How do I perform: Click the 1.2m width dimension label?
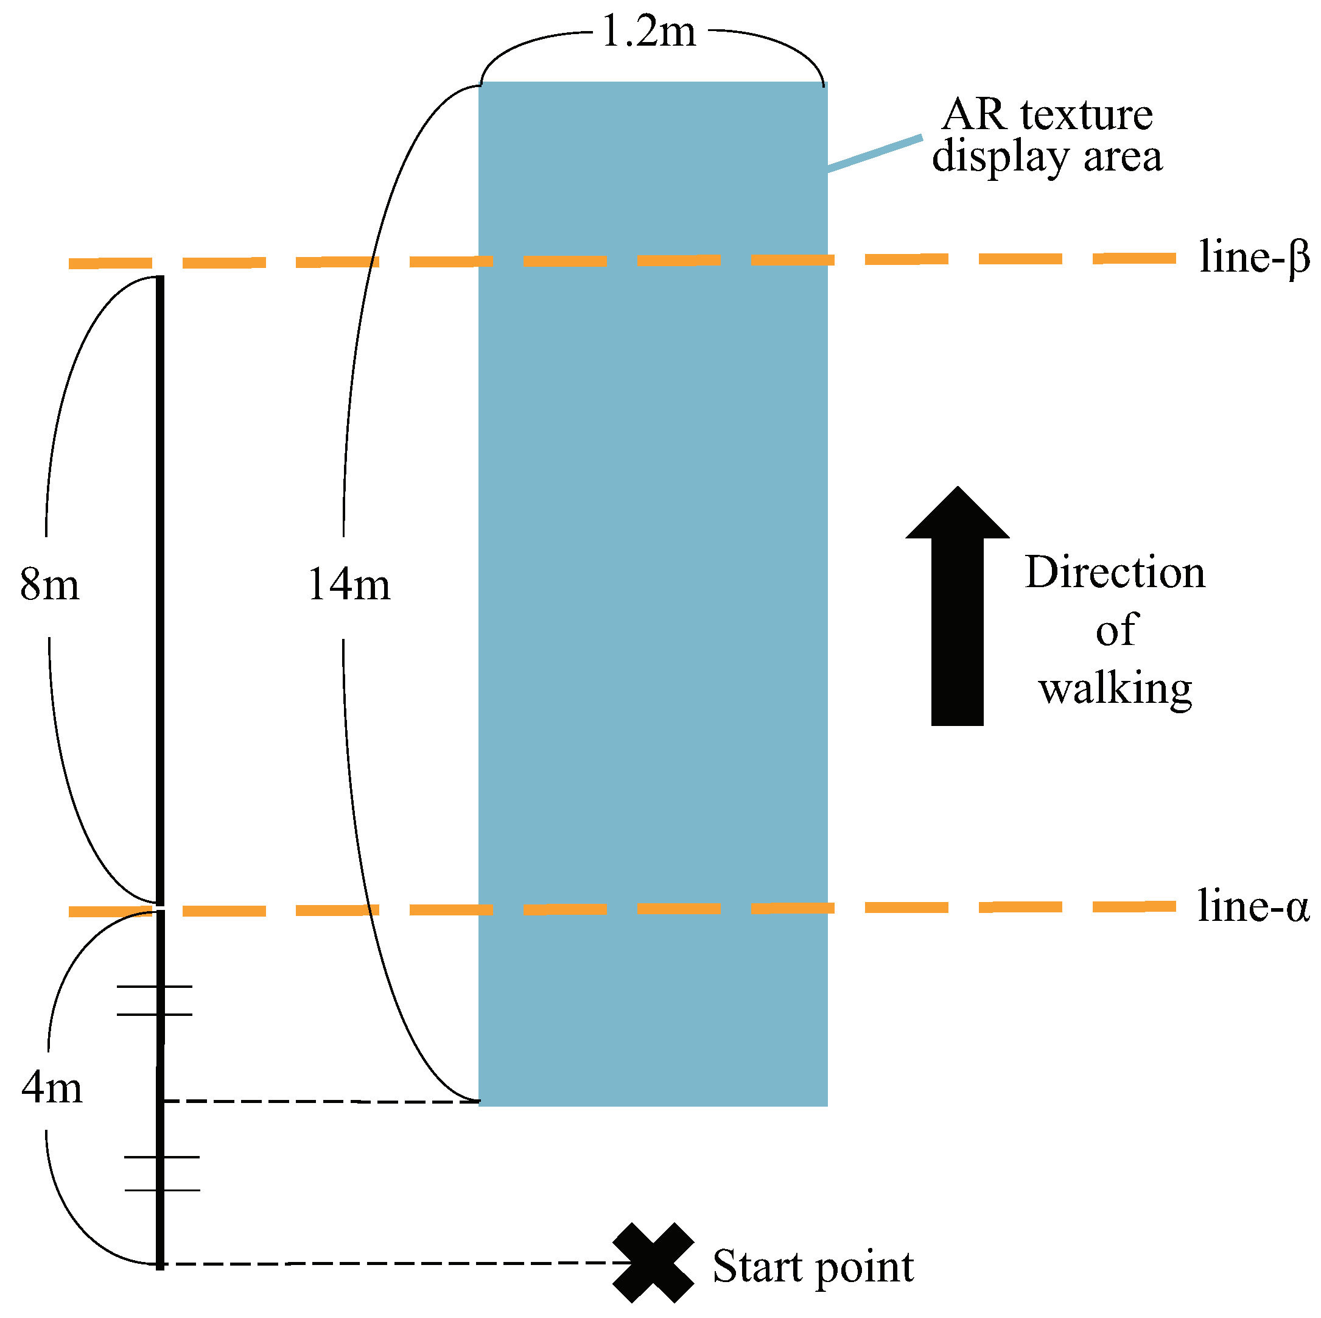click(x=648, y=33)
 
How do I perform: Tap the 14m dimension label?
click(x=349, y=585)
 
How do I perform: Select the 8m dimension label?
click(x=49, y=585)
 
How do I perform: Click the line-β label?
click(x=1253, y=258)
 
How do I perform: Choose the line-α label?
click(x=1253, y=907)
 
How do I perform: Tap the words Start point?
click(x=812, y=1267)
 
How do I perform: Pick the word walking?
click(x=1115, y=688)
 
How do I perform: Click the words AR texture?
click(x=1047, y=115)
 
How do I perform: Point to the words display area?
click(x=1047, y=157)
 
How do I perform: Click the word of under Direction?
click(x=1116, y=630)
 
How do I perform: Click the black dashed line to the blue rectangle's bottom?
click(x=321, y=1102)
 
